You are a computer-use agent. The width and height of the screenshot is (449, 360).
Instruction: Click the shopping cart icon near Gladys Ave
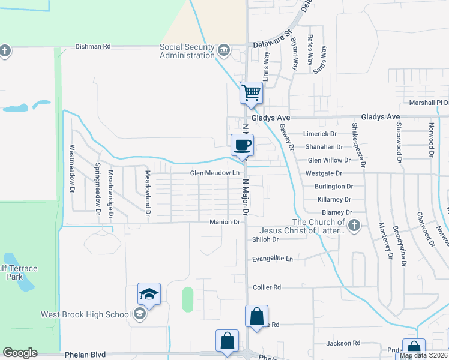pyautogui.click(x=251, y=93)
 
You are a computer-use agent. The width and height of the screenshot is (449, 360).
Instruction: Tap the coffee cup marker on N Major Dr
pyautogui.click(x=243, y=145)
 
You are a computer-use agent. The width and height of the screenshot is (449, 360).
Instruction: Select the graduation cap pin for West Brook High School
pyautogui.click(x=149, y=294)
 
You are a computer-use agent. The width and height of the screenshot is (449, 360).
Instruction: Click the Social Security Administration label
pyautogui.click(x=187, y=52)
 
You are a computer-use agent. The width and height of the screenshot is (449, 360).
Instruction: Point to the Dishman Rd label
pyautogui.click(x=93, y=46)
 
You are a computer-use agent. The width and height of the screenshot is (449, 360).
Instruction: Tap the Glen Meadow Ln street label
pyautogui.click(x=214, y=173)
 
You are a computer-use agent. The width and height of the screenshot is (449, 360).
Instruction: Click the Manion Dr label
pyautogui.click(x=224, y=222)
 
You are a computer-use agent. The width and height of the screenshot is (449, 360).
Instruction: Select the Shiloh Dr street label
pyautogui.click(x=265, y=239)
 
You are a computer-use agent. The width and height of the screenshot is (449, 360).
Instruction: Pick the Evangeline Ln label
pyautogui.click(x=273, y=259)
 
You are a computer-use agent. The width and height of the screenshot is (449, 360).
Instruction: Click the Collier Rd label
pyautogui.click(x=267, y=287)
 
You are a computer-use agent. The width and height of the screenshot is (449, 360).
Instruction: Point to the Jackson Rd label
pyautogui.click(x=343, y=343)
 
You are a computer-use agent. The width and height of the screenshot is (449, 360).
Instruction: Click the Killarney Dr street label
pyautogui.click(x=334, y=199)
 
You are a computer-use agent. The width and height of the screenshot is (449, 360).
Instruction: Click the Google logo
pyautogui.click(x=20, y=353)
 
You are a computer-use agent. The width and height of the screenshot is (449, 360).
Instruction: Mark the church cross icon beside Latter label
pyautogui.click(x=354, y=226)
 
